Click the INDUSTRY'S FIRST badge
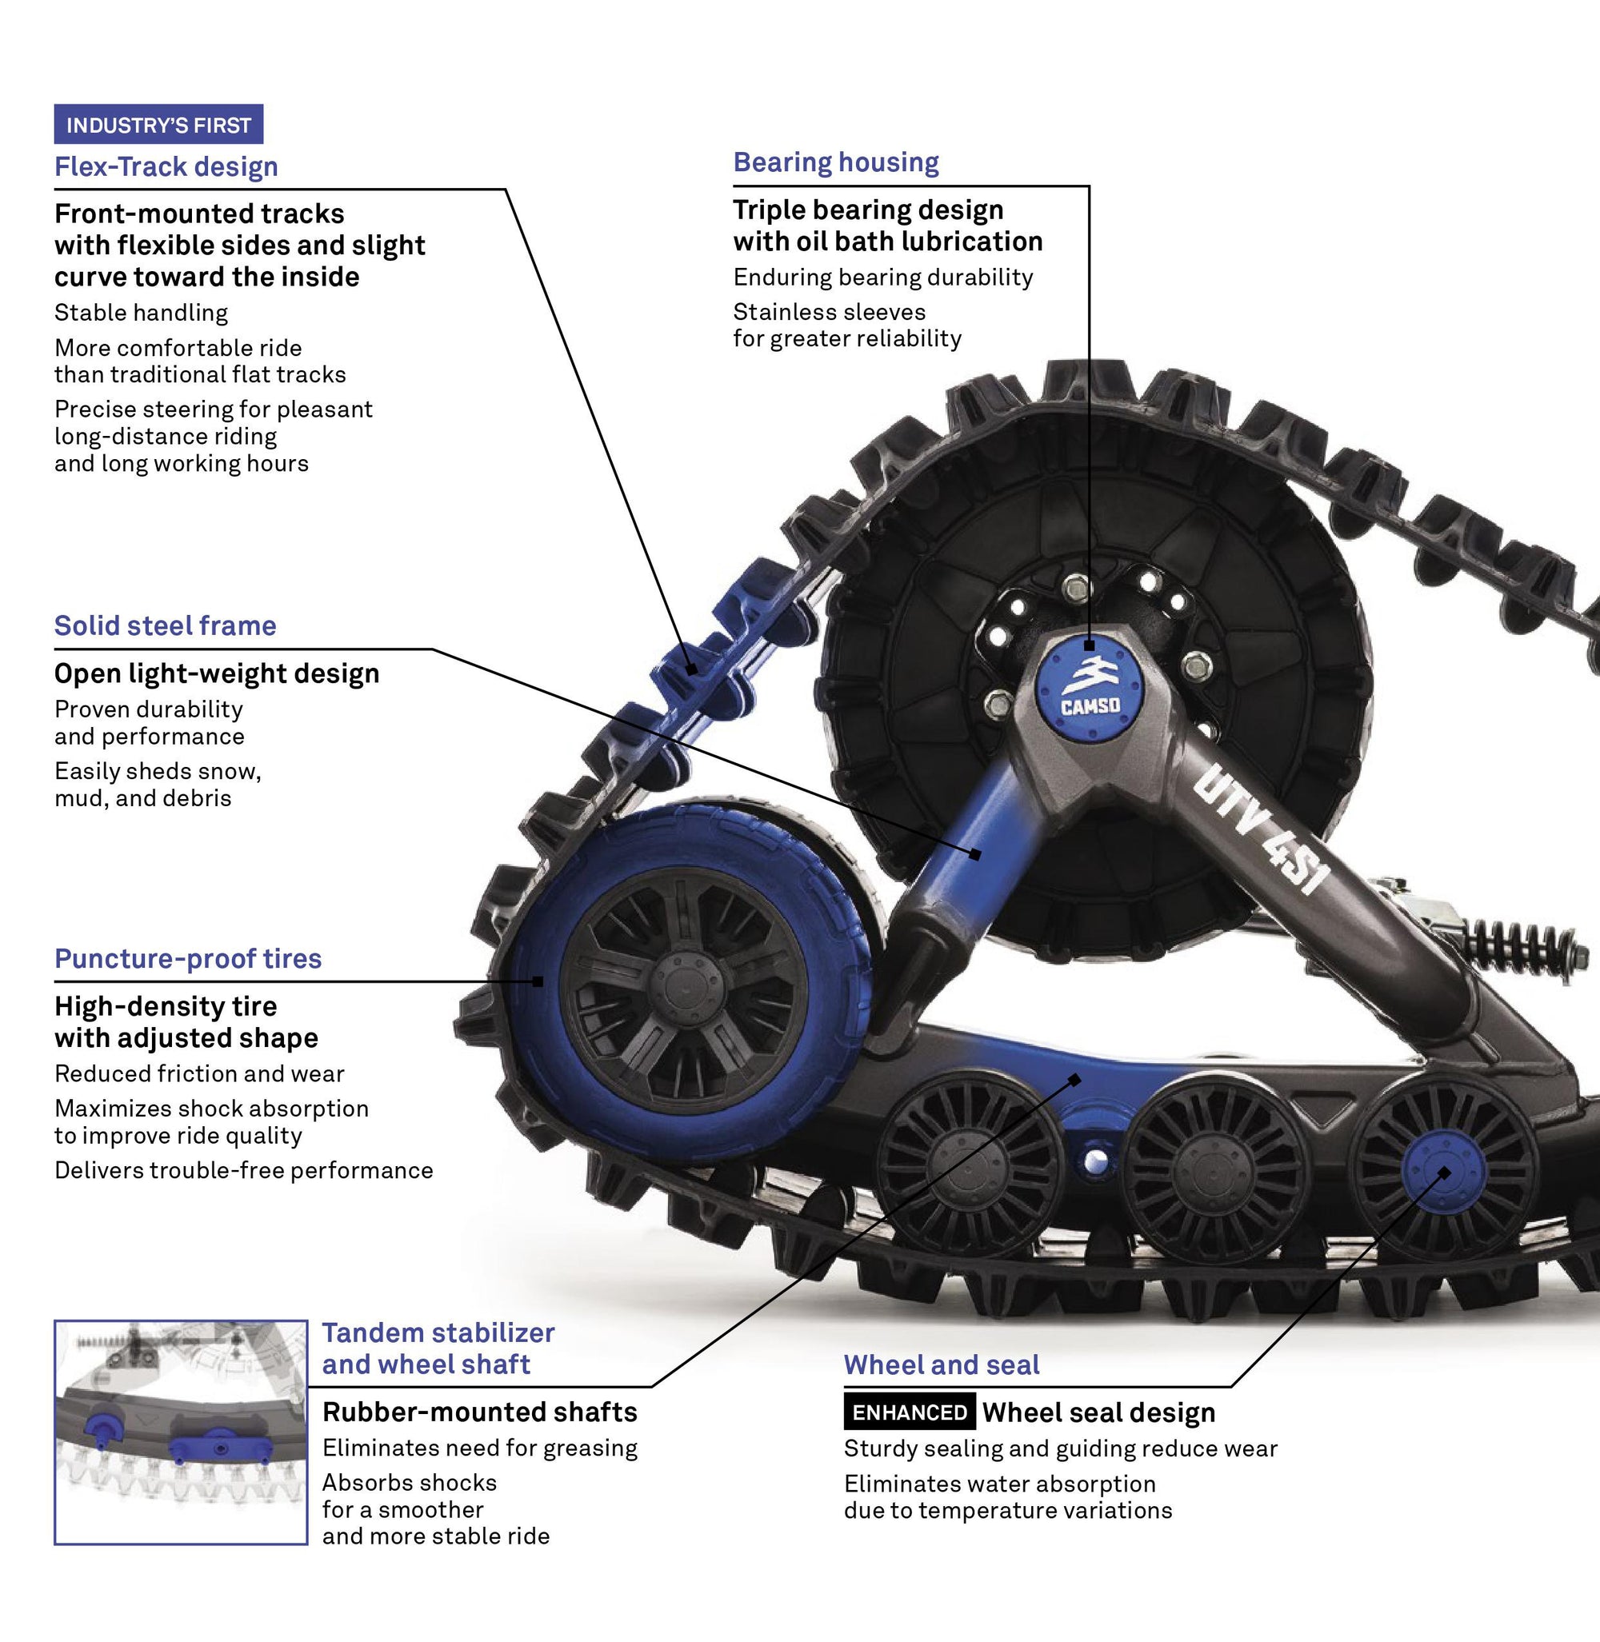(158, 124)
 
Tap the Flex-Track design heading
(166, 166)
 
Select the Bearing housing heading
(835, 162)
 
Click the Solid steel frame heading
(165, 625)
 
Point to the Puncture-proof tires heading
(187, 958)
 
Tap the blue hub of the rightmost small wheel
(1443, 1173)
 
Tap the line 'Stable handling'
(141, 313)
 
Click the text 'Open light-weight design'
(217, 673)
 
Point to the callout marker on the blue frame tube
(974, 853)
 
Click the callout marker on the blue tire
(538, 981)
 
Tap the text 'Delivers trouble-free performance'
(244, 1170)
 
